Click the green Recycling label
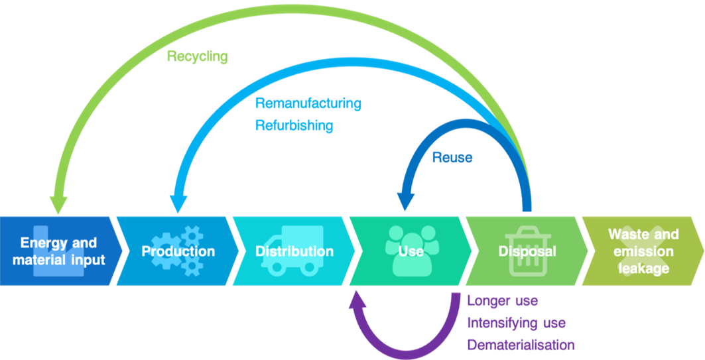pyautogui.click(x=197, y=57)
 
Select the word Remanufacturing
pyautogui.click(x=308, y=104)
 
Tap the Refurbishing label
pyautogui.click(x=294, y=125)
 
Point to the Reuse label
pyautogui.click(x=452, y=158)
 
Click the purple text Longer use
pyautogui.click(x=503, y=301)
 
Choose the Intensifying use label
pyautogui.click(x=517, y=323)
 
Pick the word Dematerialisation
pyautogui.click(x=521, y=345)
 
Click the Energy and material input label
pyautogui.click(x=58, y=251)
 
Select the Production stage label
pyautogui.click(x=178, y=252)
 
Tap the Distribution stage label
pyautogui.click(x=294, y=252)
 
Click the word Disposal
pyautogui.click(x=527, y=252)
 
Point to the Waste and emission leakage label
pyautogui.click(x=643, y=251)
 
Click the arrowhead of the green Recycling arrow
pyautogui.click(x=58, y=203)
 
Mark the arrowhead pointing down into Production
pyautogui.click(x=178, y=203)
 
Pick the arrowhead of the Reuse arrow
pyautogui.click(x=405, y=200)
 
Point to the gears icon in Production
pyautogui.click(x=177, y=250)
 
